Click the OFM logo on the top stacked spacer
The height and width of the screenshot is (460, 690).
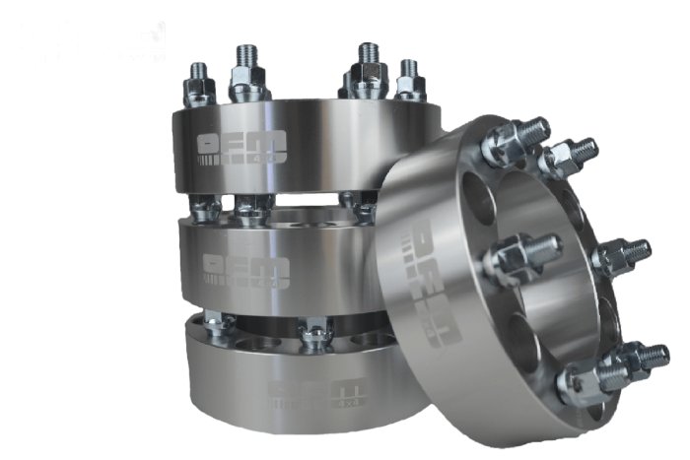click(x=241, y=146)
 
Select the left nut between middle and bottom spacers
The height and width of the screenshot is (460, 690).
click(x=218, y=326)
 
